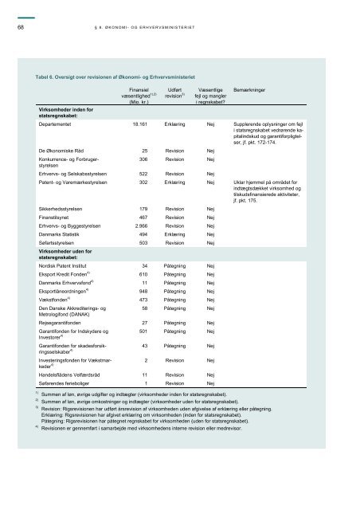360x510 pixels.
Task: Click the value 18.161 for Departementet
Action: coord(139,125)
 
